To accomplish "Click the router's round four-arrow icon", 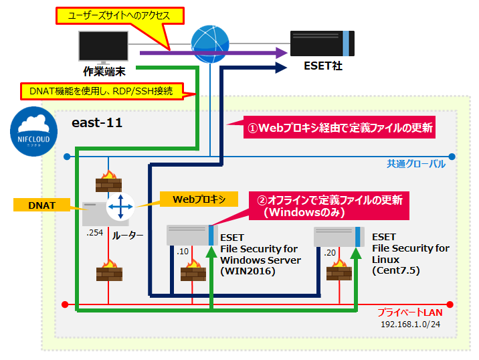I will click(120, 207).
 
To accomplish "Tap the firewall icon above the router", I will click(108, 181).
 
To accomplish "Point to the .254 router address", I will click(94, 232).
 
